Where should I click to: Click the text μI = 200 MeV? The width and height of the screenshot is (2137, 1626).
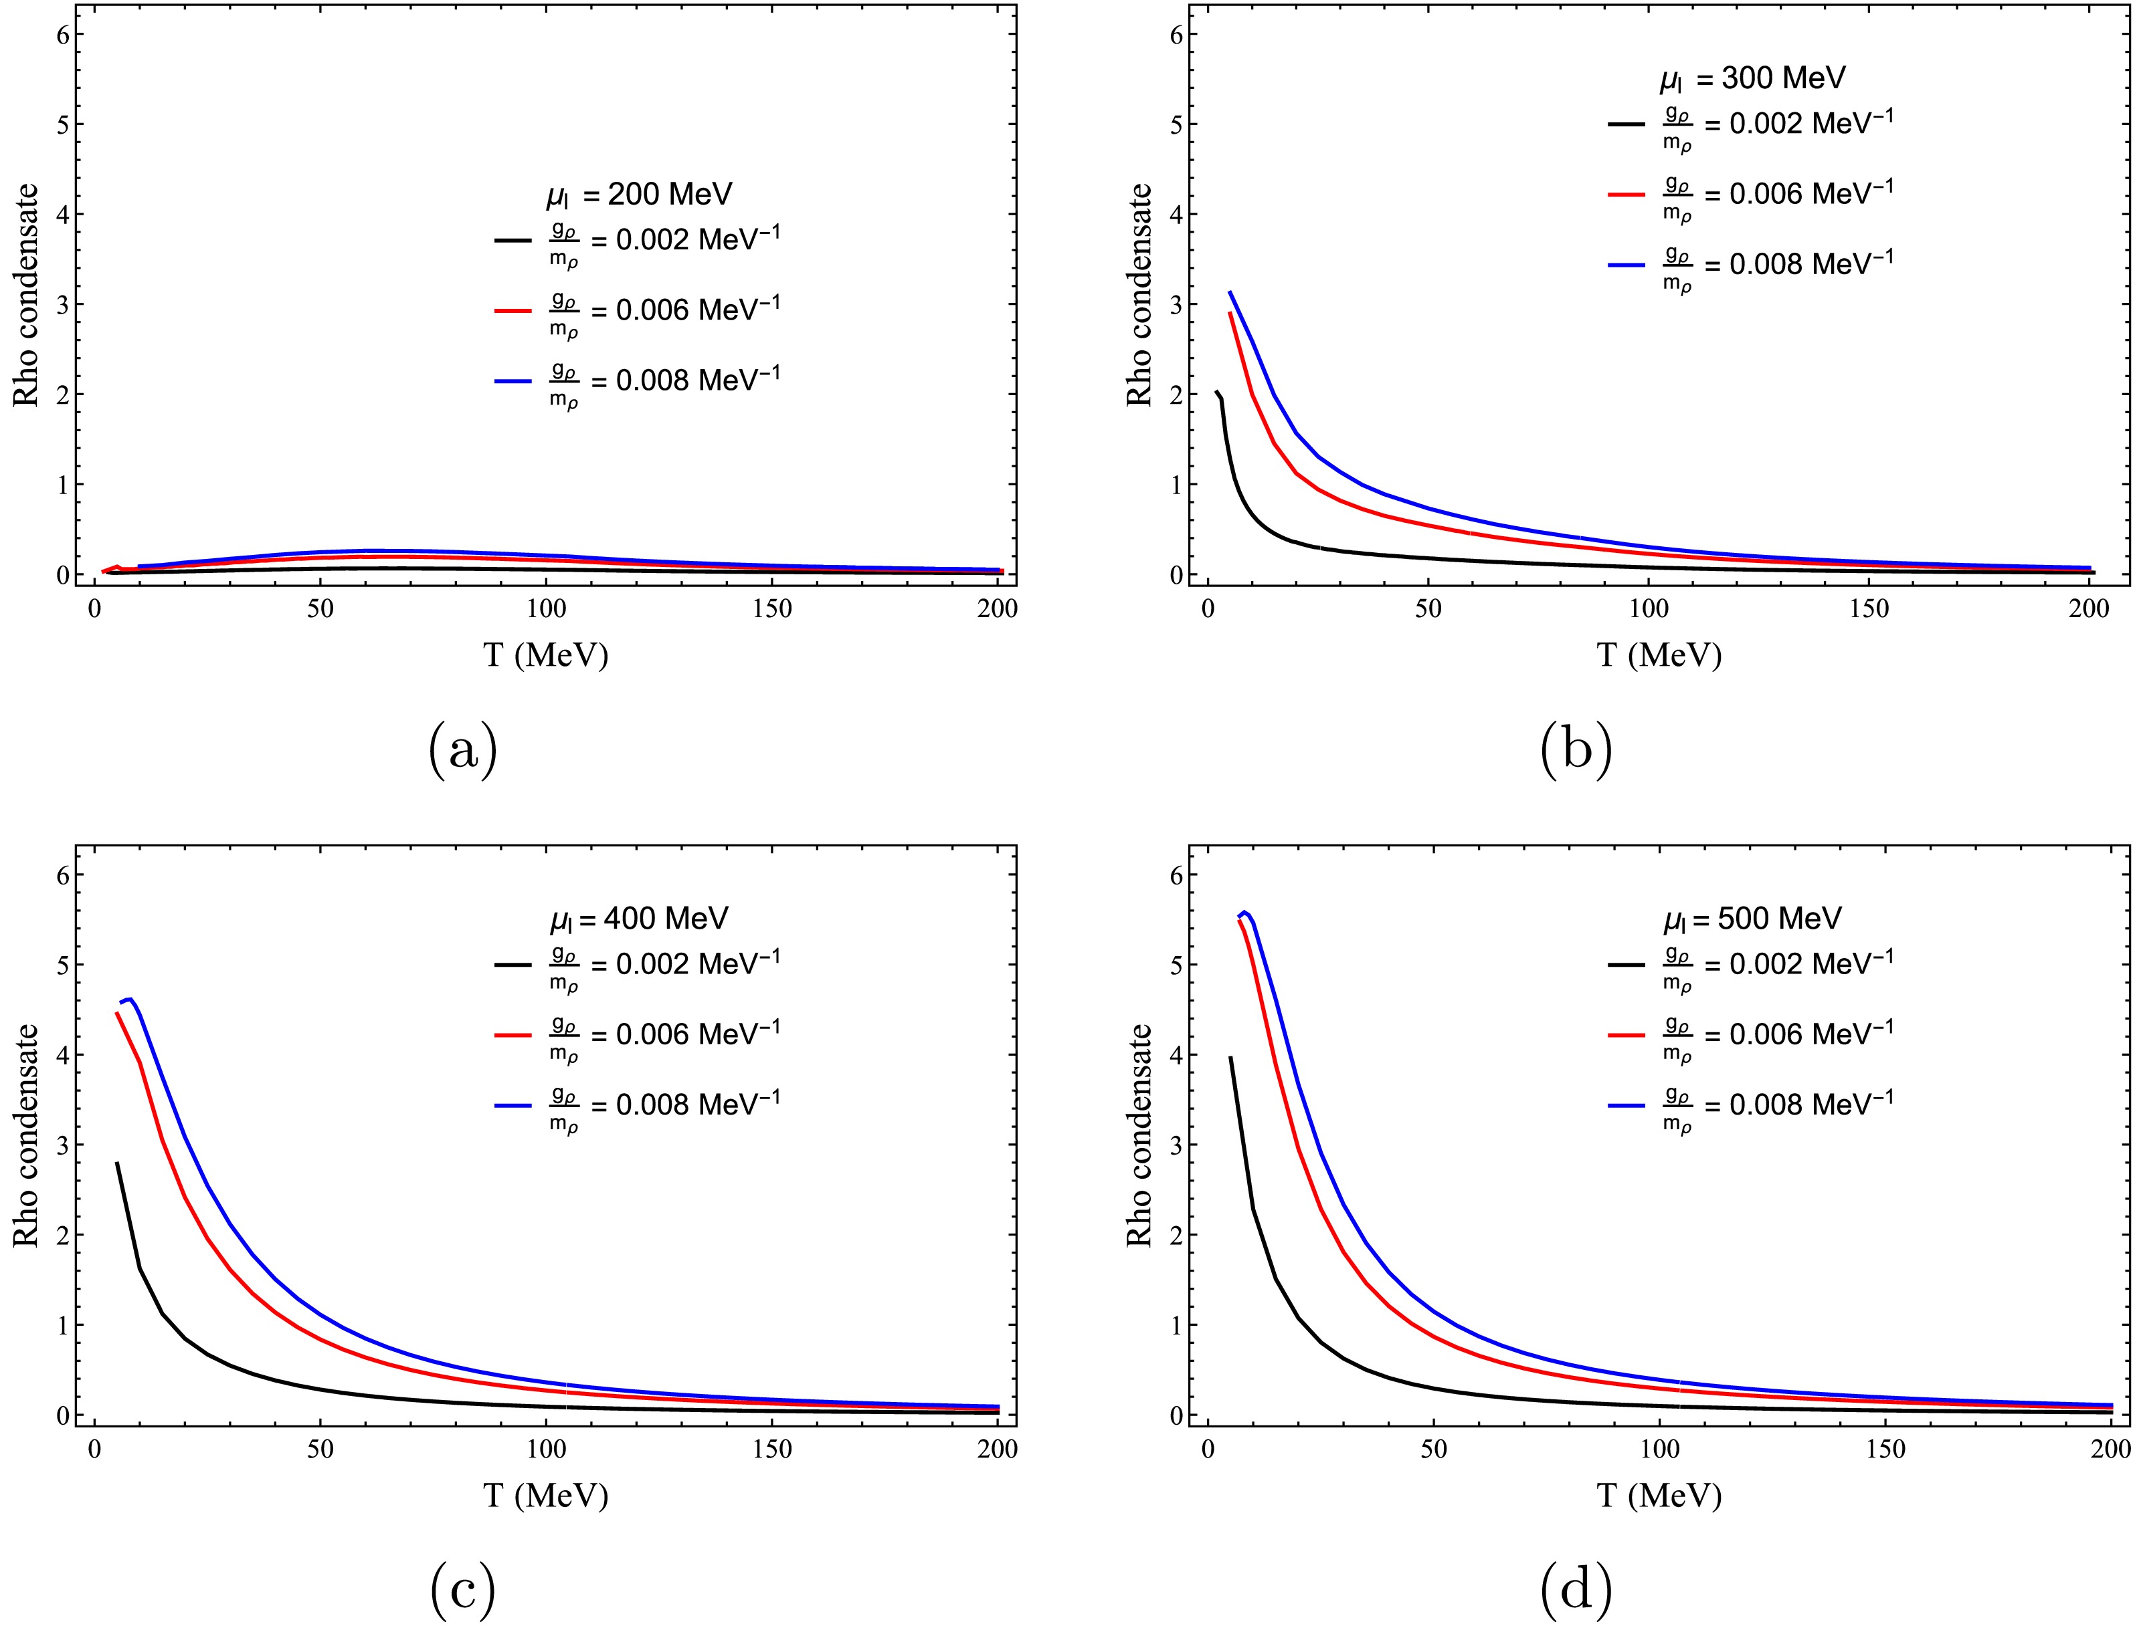click(x=639, y=195)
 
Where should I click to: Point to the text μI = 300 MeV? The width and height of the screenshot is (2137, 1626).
click(x=1752, y=78)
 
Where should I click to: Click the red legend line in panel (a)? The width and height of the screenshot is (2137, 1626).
click(x=513, y=312)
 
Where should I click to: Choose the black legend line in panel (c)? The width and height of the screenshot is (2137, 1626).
click(x=513, y=965)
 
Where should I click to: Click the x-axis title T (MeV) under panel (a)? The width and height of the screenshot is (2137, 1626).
click(x=546, y=656)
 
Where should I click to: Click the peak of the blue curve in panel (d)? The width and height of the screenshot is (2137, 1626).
click(x=1245, y=912)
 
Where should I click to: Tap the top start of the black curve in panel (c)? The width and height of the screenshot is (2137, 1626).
click(x=117, y=1163)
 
